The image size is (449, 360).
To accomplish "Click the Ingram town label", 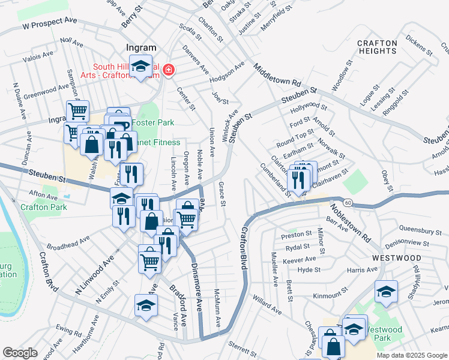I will point(141,47).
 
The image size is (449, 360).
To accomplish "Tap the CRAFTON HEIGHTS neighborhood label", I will point(377,47).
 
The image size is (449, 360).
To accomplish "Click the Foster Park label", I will point(153,122).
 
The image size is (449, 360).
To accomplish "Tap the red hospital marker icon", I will point(169,70).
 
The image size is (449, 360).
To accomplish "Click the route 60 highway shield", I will point(349,203).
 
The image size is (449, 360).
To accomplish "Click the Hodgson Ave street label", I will point(227,73).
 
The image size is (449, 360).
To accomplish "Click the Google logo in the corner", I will point(20,353).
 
